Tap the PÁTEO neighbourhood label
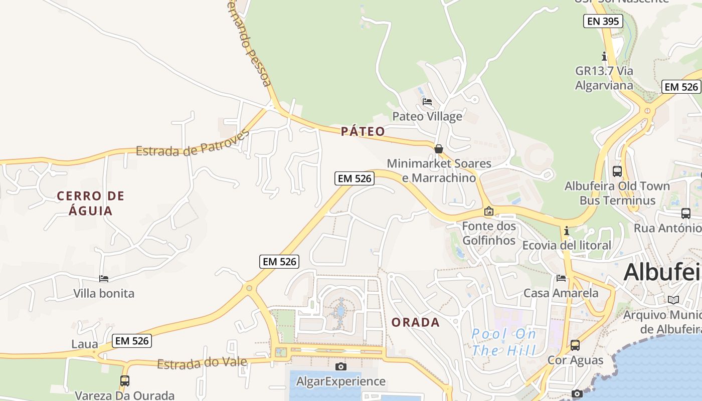click(363, 131)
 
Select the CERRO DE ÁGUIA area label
click(91, 203)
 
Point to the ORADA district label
click(416, 322)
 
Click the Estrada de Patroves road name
click(193, 144)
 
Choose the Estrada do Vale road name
click(202, 363)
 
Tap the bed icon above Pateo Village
click(427, 102)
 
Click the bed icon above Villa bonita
click(104, 279)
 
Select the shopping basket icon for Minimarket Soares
click(439, 149)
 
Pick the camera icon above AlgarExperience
click(341, 367)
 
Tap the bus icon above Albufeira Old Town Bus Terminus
click(617, 171)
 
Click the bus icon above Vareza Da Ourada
click(124, 381)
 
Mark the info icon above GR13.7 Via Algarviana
click(604, 56)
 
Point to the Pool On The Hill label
click(504, 342)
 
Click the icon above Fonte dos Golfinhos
click(489, 212)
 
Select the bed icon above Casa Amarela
click(561, 278)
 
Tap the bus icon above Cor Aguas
click(575, 345)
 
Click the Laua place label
click(85, 344)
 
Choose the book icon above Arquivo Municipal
click(673, 300)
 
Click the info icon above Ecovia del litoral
click(567, 231)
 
